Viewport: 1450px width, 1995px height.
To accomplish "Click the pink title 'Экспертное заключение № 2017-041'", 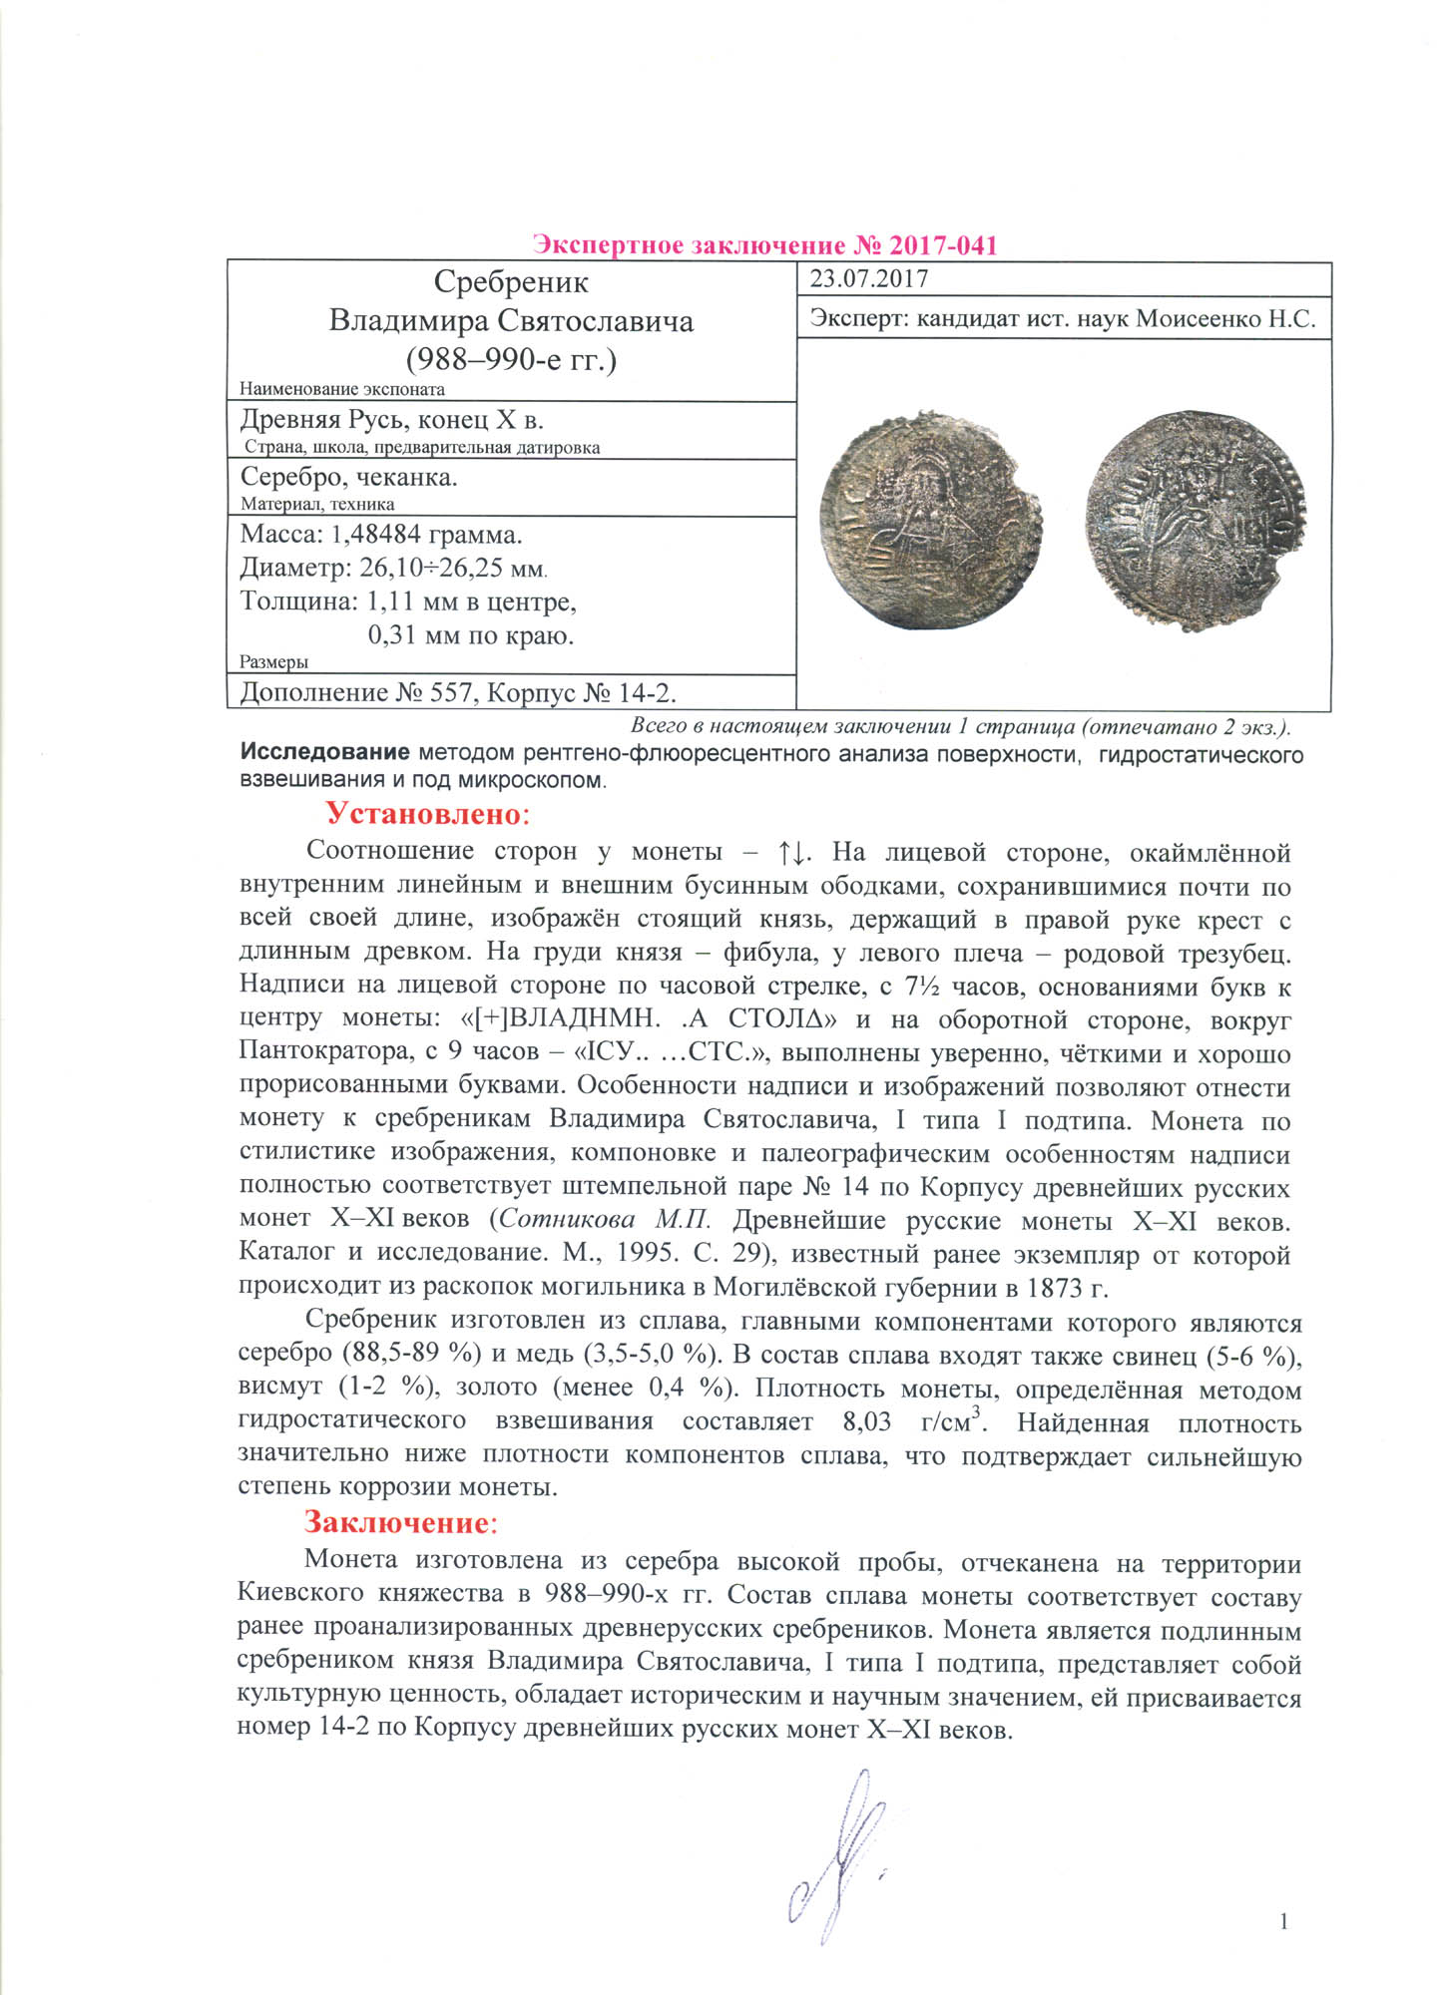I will point(764,244).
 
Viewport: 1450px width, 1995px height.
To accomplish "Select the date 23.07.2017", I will point(868,279).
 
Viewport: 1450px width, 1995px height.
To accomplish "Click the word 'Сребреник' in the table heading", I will point(511,282).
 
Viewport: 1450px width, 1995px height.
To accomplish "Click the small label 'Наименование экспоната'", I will point(342,389).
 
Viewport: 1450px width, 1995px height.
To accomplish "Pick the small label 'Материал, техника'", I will point(317,505).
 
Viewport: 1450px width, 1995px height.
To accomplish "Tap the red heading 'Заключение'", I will point(396,1523).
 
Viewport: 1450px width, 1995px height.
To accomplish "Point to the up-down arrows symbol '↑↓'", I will point(791,851).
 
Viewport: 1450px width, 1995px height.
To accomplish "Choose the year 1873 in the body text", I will point(1056,1288).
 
